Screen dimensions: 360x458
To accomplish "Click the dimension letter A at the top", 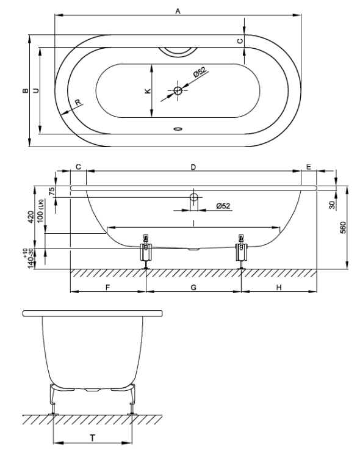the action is click(x=178, y=11).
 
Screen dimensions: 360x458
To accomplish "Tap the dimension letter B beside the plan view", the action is click(x=26, y=90).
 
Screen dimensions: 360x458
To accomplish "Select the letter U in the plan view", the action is click(x=36, y=90).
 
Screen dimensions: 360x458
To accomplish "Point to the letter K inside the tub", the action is click(x=148, y=91).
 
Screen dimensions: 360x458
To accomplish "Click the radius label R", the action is click(x=77, y=103).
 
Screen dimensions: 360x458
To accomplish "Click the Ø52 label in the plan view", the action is click(x=200, y=72).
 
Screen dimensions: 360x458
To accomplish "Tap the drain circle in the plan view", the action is click(x=178, y=90).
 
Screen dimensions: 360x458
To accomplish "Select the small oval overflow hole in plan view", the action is click(x=178, y=128).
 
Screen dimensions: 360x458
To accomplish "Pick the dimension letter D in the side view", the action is click(x=193, y=167).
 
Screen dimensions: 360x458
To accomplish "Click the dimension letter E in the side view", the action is click(x=309, y=167).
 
